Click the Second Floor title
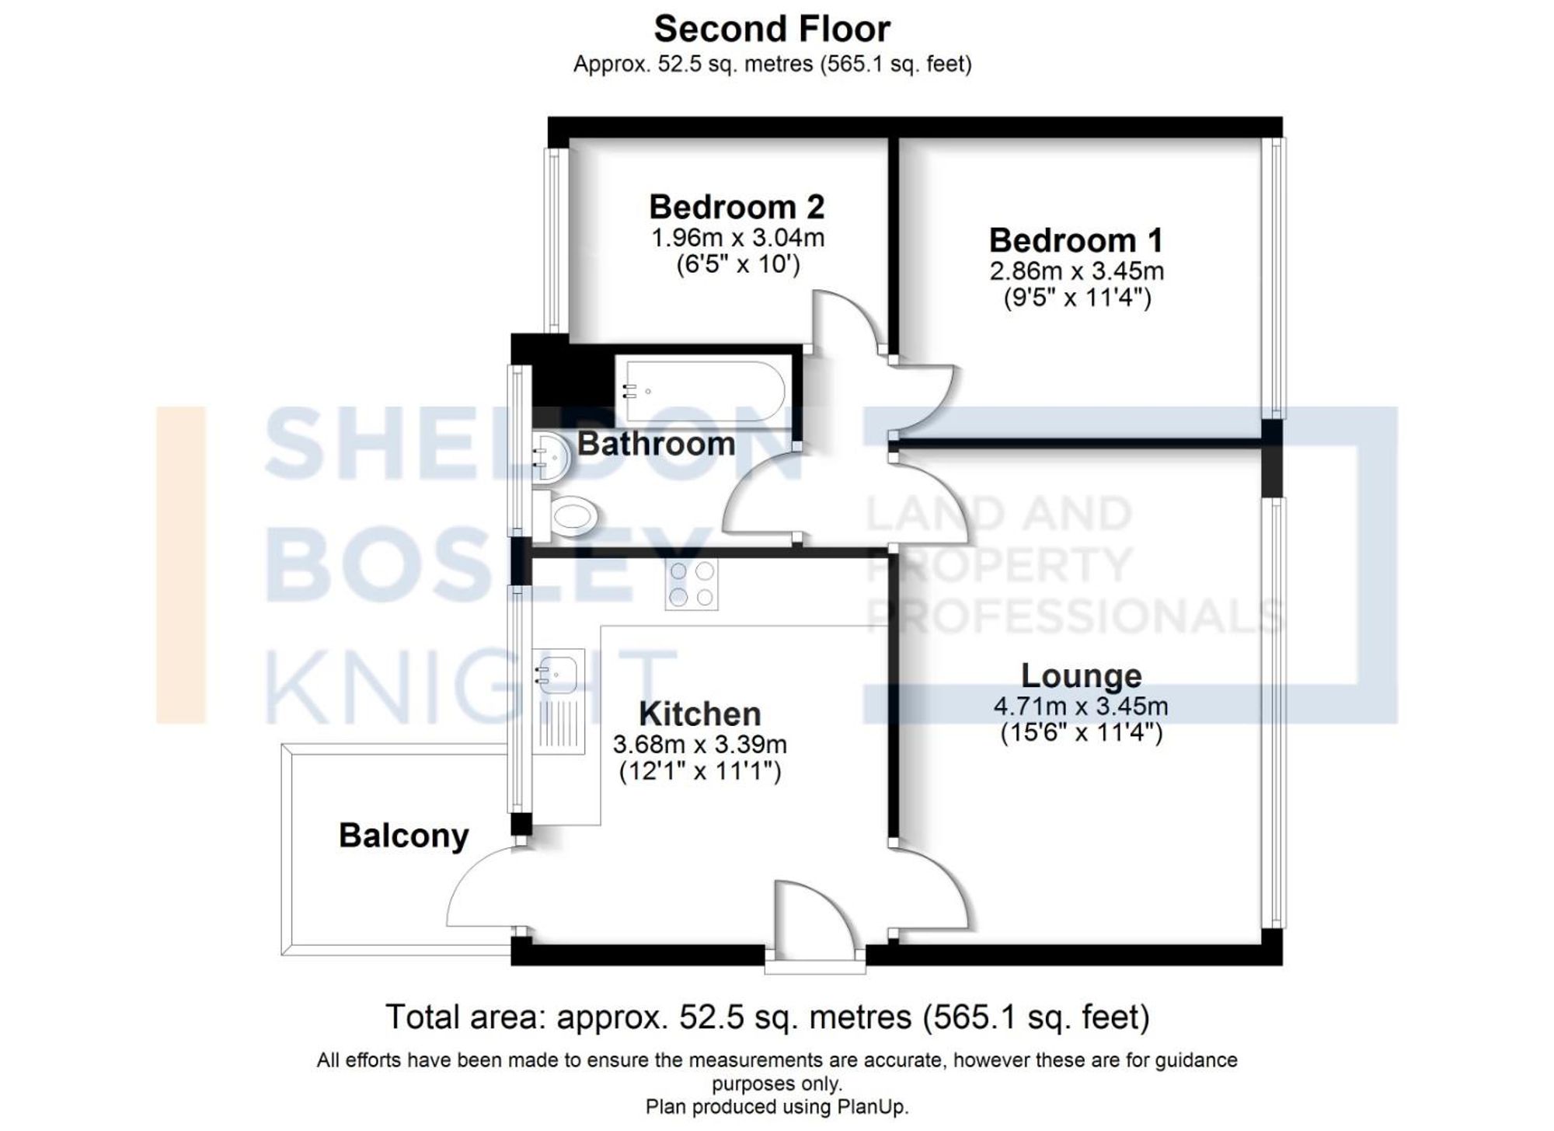[772, 30]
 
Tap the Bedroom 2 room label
[736, 207]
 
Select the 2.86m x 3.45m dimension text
[1076, 271]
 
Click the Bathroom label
[656, 444]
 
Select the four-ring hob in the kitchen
[692, 584]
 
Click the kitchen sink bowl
[558, 674]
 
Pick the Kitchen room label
[699, 714]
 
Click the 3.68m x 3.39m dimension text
[699, 745]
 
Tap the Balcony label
[403, 836]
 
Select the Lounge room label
[1081, 675]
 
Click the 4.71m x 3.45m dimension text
[1081, 707]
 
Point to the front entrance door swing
[812, 917]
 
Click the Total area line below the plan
[767, 1017]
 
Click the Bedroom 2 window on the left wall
[553, 239]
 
